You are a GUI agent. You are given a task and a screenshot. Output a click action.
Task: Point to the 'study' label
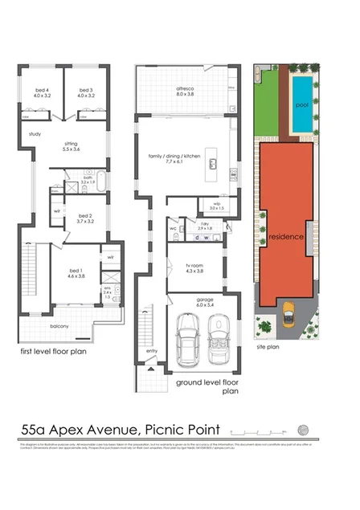click(x=35, y=134)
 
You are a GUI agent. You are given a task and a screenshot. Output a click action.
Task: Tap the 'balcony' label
click(x=59, y=325)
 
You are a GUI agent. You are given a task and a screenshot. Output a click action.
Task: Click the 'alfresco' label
click(x=185, y=90)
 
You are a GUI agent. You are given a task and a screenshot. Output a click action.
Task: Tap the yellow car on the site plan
click(x=287, y=313)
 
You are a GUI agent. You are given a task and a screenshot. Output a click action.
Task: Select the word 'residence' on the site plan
click(x=285, y=238)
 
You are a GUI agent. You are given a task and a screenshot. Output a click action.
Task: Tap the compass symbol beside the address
click(x=302, y=428)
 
